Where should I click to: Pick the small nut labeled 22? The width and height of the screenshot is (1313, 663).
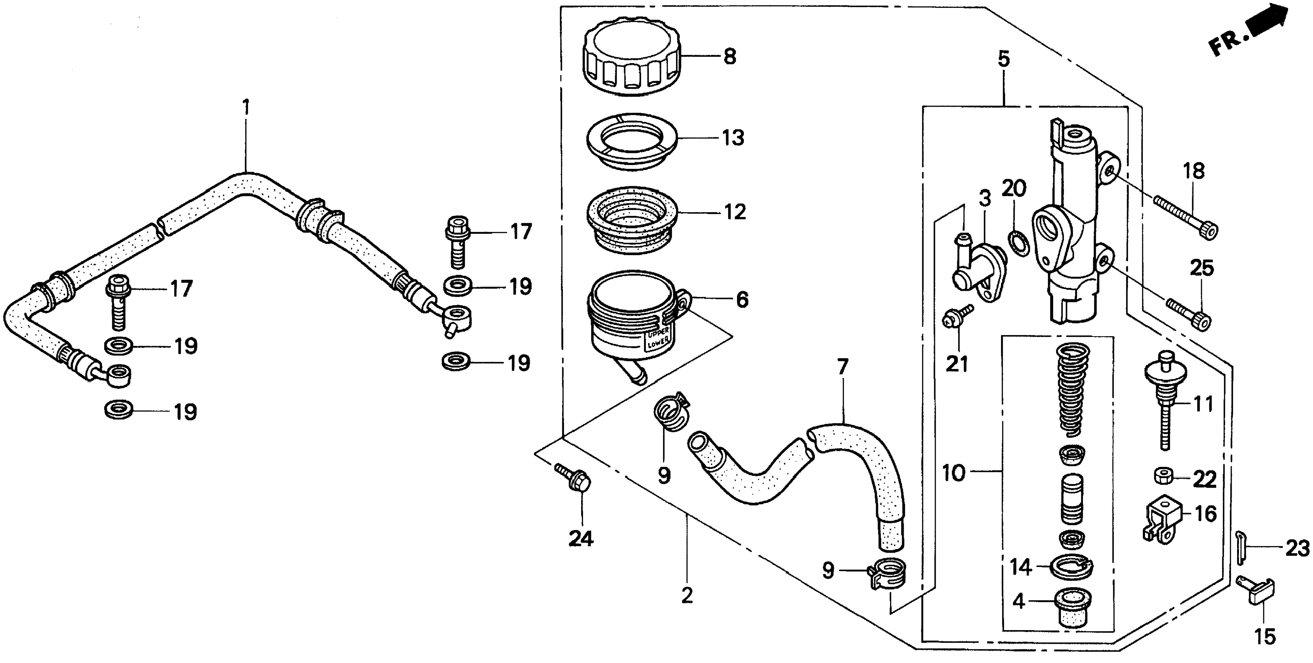(1164, 477)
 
